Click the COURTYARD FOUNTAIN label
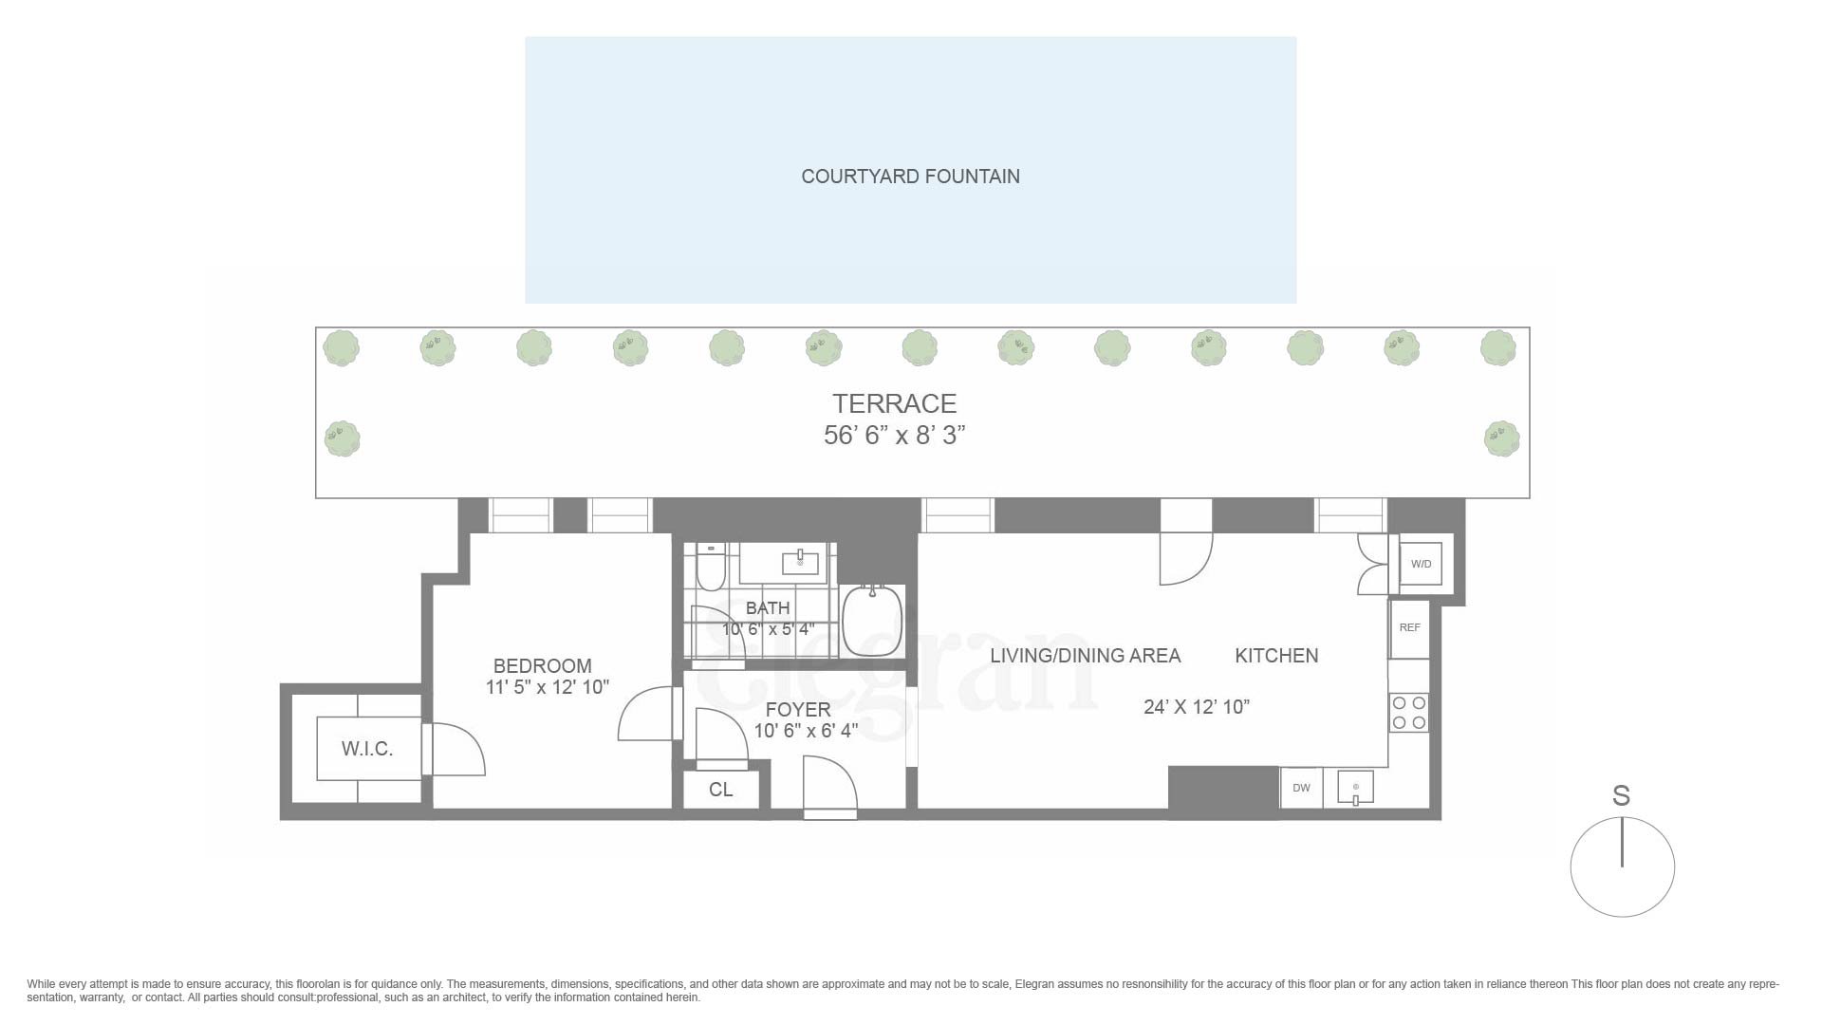910,177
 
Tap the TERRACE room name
894,403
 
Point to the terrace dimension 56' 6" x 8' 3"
894,436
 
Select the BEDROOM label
542,666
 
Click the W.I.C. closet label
367,749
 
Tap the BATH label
767,608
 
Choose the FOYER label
797,710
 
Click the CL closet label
720,790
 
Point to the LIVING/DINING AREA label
1085,656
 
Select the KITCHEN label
1276,656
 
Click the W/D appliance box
1421,564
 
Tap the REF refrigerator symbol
1409,628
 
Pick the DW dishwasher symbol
1301,788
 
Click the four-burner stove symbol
1408,713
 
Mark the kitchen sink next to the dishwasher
1355,788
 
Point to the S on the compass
1621,796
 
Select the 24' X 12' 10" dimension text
1196,707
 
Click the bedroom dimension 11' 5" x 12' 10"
547,687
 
